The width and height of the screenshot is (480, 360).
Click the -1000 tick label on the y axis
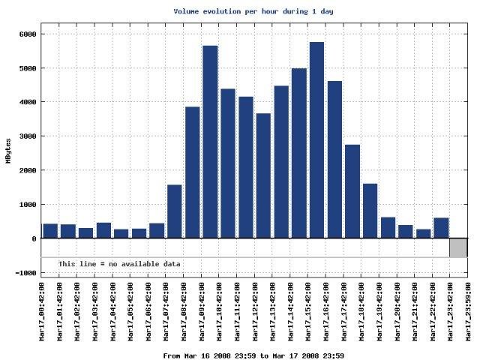[x=25, y=273]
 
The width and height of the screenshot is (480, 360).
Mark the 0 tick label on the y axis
[x=34, y=239]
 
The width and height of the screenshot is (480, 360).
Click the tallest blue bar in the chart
[x=316, y=140]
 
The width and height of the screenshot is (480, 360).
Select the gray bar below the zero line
[x=458, y=247]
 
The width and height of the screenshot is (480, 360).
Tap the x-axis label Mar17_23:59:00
[x=468, y=310]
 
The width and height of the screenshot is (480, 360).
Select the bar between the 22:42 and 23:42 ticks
[x=441, y=228]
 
